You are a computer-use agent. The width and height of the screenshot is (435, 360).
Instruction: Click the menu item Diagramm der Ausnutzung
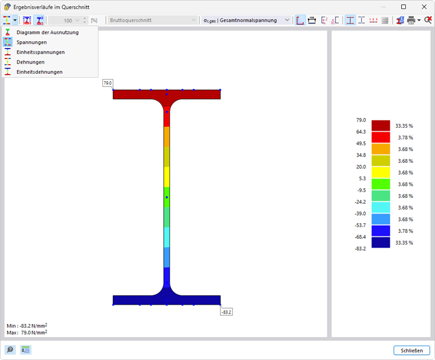pyautogui.click(x=48, y=33)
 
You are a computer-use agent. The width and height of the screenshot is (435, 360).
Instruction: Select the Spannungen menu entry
pyautogui.click(x=31, y=42)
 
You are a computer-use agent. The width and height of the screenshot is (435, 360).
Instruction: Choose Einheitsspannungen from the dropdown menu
pyautogui.click(x=41, y=52)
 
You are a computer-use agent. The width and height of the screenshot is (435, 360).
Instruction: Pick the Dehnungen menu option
pyautogui.click(x=30, y=62)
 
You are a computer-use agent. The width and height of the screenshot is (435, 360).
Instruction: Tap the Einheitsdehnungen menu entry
pyautogui.click(x=39, y=72)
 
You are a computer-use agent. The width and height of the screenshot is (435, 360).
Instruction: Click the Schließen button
pyautogui.click(x=412, y=351)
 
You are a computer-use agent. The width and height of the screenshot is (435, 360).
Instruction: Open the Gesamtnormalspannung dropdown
pyautogui.click(x=246, y=20)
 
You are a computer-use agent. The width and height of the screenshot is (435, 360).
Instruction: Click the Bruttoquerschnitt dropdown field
pyautogui.click(x=152, y=20)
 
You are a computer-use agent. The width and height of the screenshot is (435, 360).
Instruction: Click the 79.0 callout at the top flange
pyautogui.click(x=108, y=83)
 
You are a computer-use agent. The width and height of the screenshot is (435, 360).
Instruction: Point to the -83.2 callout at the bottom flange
pyautogui.click(x=227, y=312)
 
